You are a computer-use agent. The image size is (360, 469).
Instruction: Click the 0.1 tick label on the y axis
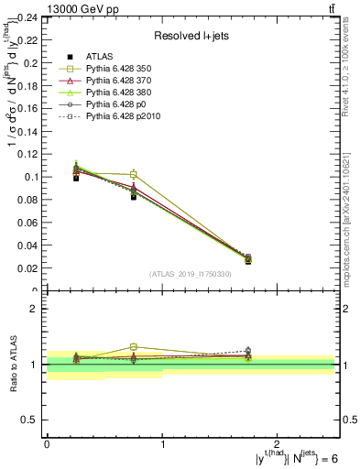32,177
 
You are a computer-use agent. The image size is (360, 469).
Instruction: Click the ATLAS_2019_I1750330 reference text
191,275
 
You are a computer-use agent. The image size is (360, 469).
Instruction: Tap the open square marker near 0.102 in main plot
134,174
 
